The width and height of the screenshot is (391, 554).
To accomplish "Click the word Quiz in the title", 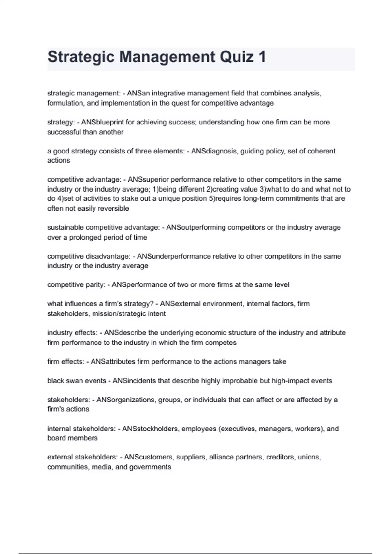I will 237,57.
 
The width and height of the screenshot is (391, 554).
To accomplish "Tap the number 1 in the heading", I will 262,57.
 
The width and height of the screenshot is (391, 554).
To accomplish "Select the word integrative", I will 168,93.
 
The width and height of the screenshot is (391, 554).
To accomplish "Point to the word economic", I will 204,333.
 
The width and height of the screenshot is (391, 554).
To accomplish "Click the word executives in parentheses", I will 238,429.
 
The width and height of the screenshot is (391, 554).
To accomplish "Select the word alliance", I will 222,457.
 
